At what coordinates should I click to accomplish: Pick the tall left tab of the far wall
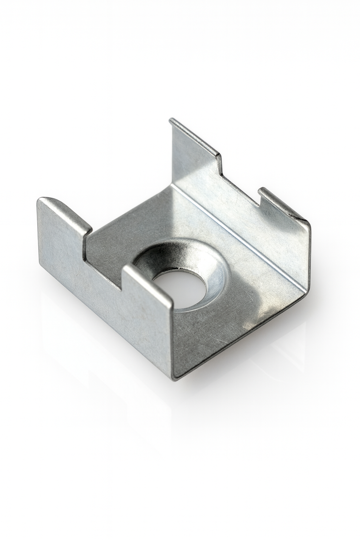[192, 151]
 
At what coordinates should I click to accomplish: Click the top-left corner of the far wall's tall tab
[171, 121]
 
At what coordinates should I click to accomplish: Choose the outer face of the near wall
[105, 309]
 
